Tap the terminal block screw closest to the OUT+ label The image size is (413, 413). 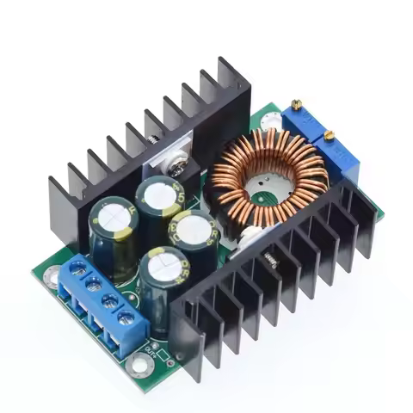(129, 321)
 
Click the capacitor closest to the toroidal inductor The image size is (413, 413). (195, 230)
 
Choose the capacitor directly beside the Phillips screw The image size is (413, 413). (162, 196)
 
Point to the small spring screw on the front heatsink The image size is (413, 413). (271, 256)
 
